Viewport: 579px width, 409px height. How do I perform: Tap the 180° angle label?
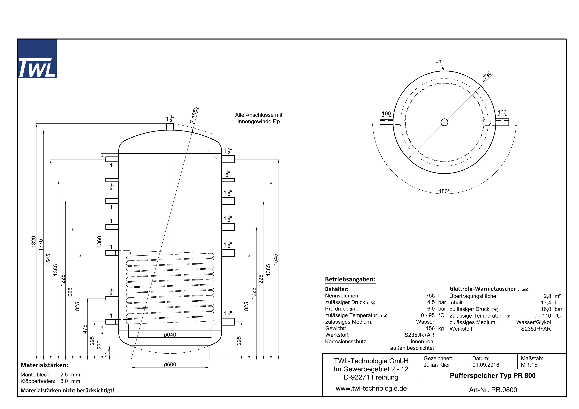click(x=444, y=191)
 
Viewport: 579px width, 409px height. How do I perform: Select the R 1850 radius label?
click(x=194, y=115)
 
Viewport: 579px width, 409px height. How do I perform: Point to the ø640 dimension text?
click(x=170, y=335)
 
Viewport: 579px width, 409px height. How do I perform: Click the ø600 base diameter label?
click(x=170, y=364)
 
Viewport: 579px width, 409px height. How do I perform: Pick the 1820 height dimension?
click(x=34, y=242)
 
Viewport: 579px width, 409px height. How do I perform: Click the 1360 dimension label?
click(x=99, y=241)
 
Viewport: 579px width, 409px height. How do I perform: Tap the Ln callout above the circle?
click(x=438, y=61)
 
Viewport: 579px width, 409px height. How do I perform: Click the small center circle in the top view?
click(x=444, y=122)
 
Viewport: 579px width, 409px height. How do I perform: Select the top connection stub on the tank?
click(x=170, y=127)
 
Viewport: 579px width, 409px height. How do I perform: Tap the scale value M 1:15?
click(x=529, y=365)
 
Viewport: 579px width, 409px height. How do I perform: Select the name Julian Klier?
click(x=437, y=365)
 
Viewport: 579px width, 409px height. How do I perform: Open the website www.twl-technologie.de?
click(x=371, y=388)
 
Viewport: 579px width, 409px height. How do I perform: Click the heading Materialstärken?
click(x=44, y=365)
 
